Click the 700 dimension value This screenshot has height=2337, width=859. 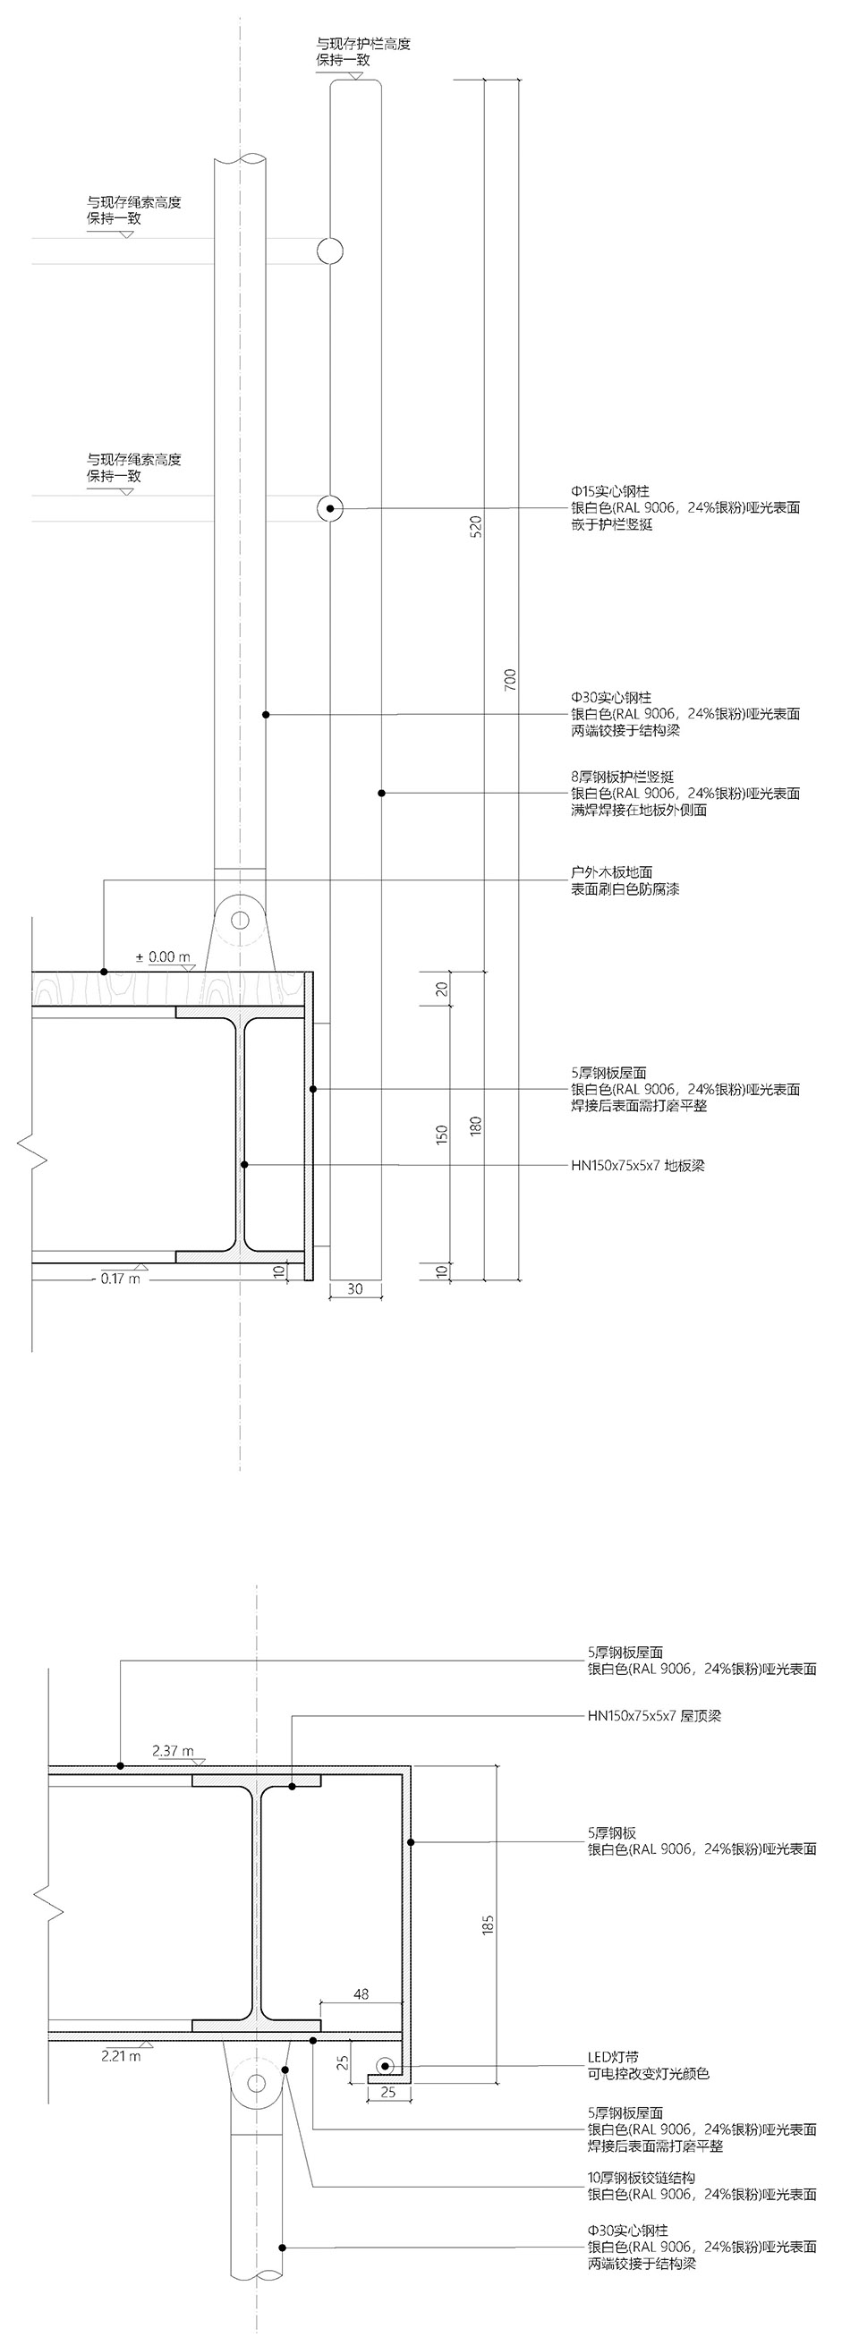point(510,680)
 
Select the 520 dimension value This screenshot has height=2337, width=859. point(476,527)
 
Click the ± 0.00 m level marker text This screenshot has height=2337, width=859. point(163,956)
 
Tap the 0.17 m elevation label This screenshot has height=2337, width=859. point(121,1279)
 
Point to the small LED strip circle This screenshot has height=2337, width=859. point(386,2066)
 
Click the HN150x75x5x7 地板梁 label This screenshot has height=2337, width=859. point(638,1165)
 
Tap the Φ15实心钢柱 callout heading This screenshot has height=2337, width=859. point(610,492)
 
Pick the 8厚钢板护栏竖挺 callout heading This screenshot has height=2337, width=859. point(622,778)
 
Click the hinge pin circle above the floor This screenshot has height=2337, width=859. point(240,920)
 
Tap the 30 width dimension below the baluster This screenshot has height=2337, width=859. point(354,1288)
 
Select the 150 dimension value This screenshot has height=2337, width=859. point(442,1134)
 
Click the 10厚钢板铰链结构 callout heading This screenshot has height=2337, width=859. point(642,2179)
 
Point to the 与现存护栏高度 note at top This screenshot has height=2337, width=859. point(362,44)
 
